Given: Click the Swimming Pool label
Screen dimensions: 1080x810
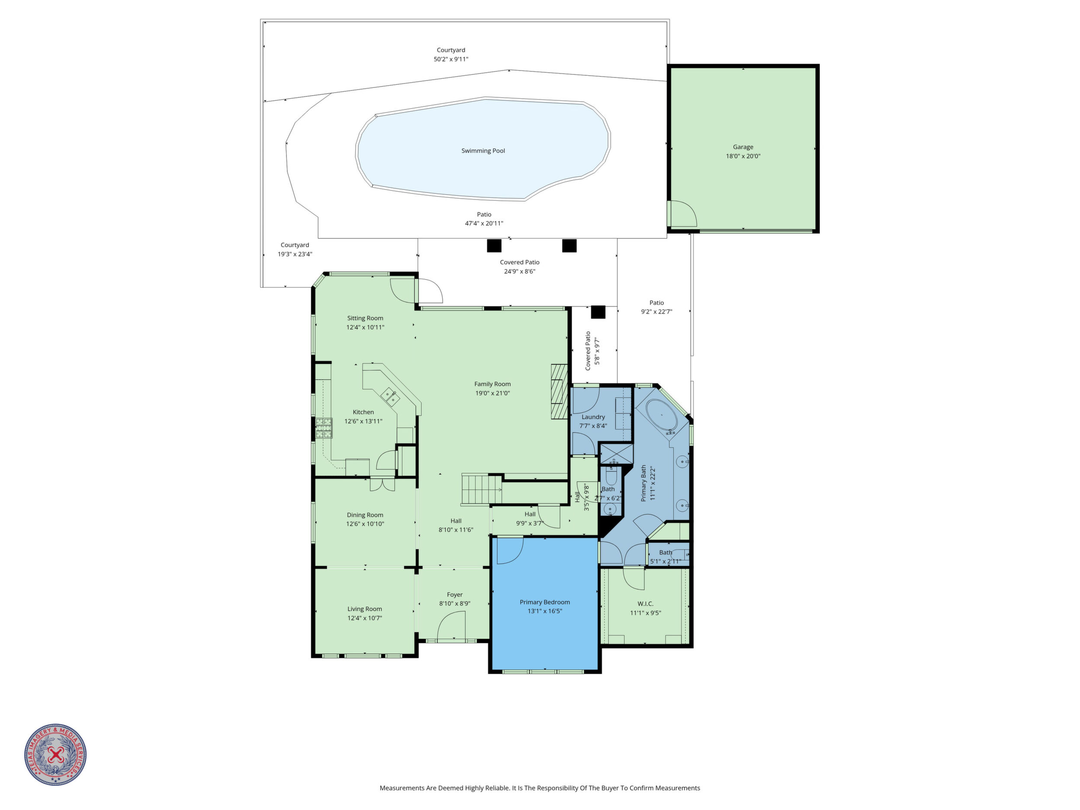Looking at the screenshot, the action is pos(483,151).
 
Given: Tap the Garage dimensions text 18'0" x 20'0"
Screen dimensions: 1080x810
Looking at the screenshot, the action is pos(742,156).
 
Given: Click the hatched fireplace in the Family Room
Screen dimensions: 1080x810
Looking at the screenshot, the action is pos(559,392).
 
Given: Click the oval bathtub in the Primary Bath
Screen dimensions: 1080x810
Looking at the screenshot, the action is pos(662,416).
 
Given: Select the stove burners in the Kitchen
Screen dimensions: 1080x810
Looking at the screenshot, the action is pos(323,429).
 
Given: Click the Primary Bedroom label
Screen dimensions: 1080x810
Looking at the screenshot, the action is pos(544,602).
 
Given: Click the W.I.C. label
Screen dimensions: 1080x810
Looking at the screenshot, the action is pos(645,604).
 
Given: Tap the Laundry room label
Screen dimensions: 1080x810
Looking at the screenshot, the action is pos(593,417).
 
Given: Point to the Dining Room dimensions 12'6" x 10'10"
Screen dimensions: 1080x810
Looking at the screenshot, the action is pos(365,524).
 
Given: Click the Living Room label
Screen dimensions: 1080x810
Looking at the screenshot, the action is pos(365,609).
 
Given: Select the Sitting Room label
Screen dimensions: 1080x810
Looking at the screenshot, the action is pos(365,318).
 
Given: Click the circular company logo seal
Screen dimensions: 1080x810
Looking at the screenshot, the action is pos(56,754).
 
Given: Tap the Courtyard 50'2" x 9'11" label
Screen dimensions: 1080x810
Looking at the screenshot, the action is pos(451,55).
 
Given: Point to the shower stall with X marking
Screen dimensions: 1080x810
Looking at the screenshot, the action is pos(616,453).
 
